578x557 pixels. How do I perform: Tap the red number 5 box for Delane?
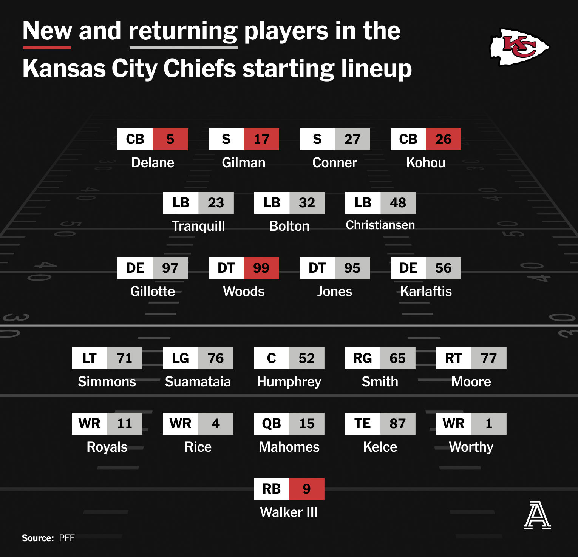[170, 139]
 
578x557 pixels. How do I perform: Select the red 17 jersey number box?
[261, 139]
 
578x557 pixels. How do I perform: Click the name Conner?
[335, 163]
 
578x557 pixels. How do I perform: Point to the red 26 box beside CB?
[444, 139]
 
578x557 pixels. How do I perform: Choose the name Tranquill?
[198, 226]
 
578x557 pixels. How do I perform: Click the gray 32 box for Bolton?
[307, 203]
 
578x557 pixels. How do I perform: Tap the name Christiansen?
[380, 225]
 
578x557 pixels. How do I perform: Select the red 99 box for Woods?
[261, 268]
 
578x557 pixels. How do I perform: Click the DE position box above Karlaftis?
[408, 268]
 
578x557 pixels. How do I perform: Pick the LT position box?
[90, 358]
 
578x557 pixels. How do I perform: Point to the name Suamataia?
[198, 382]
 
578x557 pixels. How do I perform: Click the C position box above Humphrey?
[272, 358]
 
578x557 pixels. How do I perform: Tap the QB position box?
[272, 424]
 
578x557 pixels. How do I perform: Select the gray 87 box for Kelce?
[398, 424]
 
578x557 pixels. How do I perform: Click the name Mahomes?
[289, 447]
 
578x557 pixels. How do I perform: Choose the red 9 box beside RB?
[307, 489]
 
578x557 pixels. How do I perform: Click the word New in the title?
[47, 31]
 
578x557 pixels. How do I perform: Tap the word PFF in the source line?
[67, 538]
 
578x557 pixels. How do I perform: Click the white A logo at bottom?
[537, 515]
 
